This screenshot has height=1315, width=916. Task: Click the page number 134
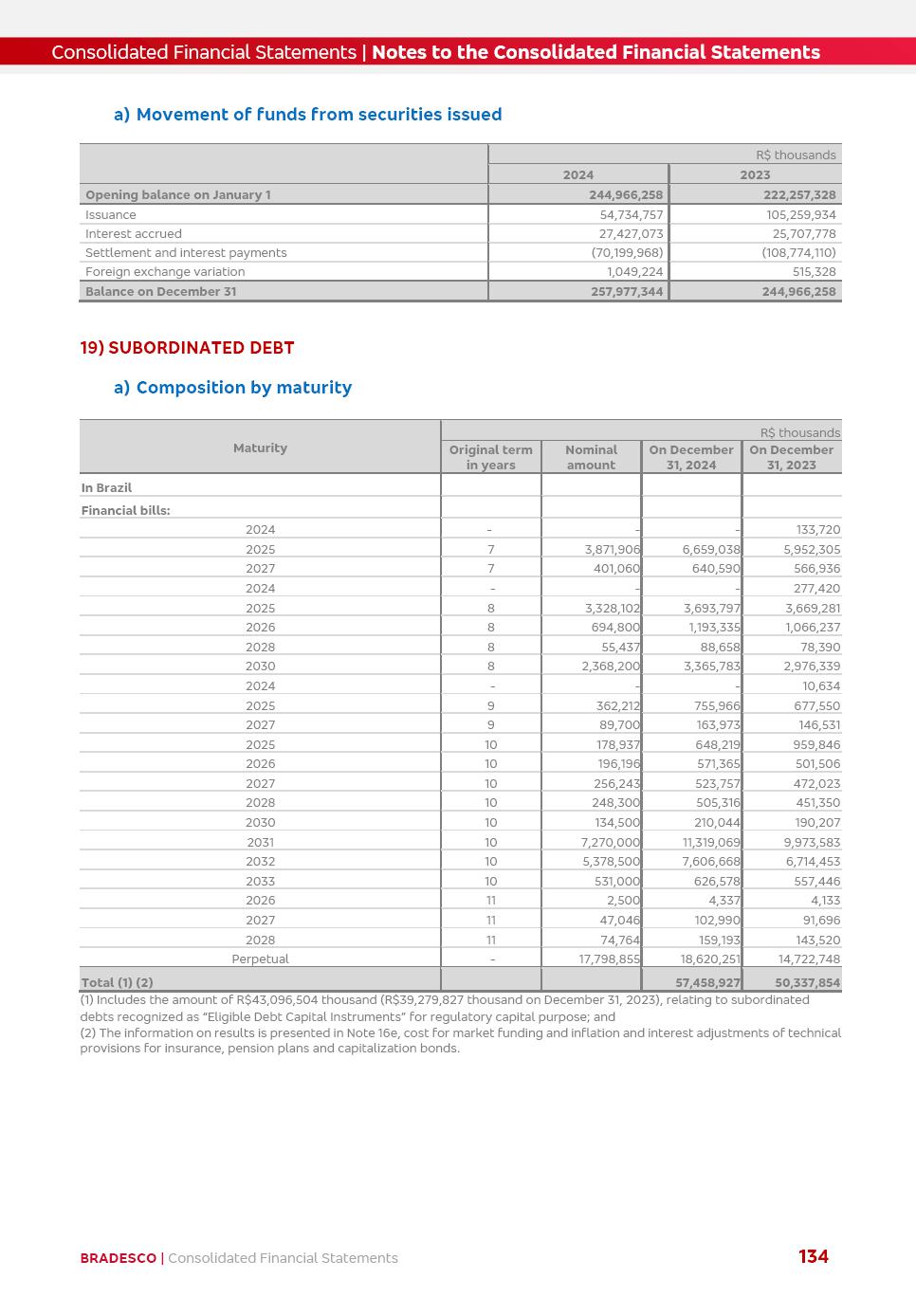pyautogui.click(x=814, y=1256)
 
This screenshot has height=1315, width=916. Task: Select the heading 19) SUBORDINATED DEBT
pyautogui.click(x=187, y=348)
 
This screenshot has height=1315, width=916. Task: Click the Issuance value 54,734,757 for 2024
pyautogui.click(x=631, y=215)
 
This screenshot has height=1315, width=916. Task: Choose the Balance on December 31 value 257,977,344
pyautogui.click(x=627, y=292)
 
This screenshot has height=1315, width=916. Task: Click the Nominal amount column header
pyautogui.click(x=591, y=457)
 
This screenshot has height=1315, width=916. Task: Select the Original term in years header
pyautogui.click(x=490, y=457)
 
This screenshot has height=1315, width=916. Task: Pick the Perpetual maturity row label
pyautogui.click(x=260, y=959)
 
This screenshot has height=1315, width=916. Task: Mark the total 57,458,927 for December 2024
pyautogui.click(x=706, y=983)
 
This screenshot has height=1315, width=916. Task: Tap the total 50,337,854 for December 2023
pyautogui.click(x=807, y=983)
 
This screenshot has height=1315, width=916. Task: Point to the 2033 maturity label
pyautogui.click(x=260, y=882)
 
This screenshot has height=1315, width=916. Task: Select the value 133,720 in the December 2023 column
pyautogui.click(x=817, y=530)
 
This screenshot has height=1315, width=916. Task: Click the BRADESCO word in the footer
pyautogui.click(x=118, y=1258)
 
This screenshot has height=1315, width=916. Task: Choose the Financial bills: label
pyautogui.click(x=125, y=510)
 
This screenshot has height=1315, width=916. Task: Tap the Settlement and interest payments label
pyautogui.click(x=186, y=253)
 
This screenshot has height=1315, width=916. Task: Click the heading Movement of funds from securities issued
pyautogui.click(x=319, y=115)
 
